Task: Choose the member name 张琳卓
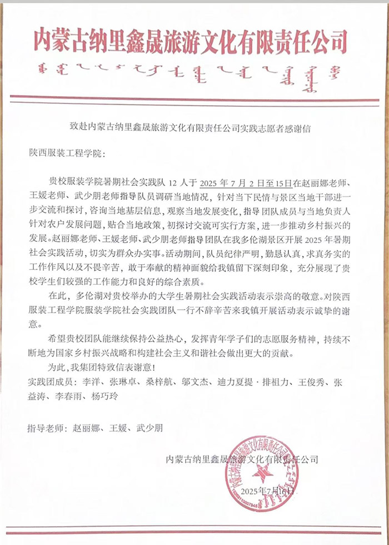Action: click(x=127, y=384)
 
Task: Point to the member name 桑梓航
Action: click(x=164, y=384)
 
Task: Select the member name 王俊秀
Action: click(x=317, y=384)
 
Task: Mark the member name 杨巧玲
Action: click(x=104, y=398)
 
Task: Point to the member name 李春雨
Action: click(x=67, y=398)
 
